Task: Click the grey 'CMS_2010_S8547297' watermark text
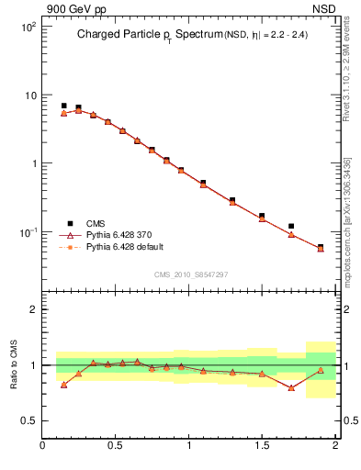pos(189,274)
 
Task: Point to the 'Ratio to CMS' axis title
pos(15,364)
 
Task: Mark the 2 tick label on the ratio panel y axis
pos(31,309)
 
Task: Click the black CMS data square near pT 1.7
pos(291,226)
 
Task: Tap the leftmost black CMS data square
pos(63,106)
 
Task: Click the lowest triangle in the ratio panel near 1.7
pos(291,387)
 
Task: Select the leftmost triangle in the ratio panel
pos(63,385)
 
